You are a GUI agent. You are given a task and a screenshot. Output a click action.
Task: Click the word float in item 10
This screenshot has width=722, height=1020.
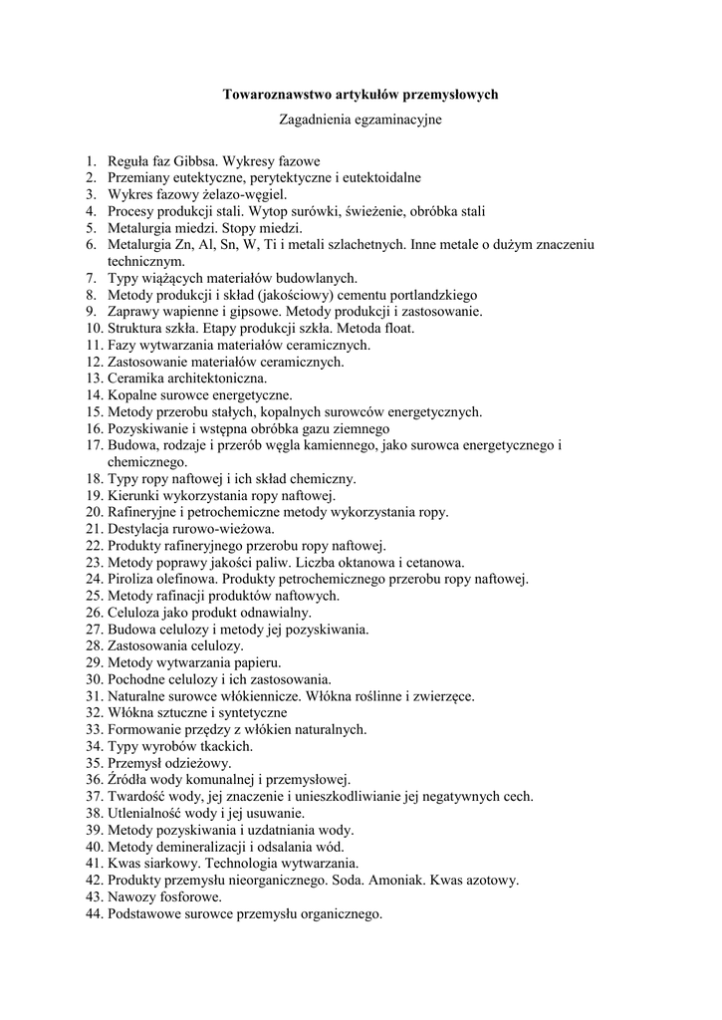point(395,329)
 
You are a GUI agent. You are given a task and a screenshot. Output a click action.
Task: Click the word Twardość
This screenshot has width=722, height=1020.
point(137,797)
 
